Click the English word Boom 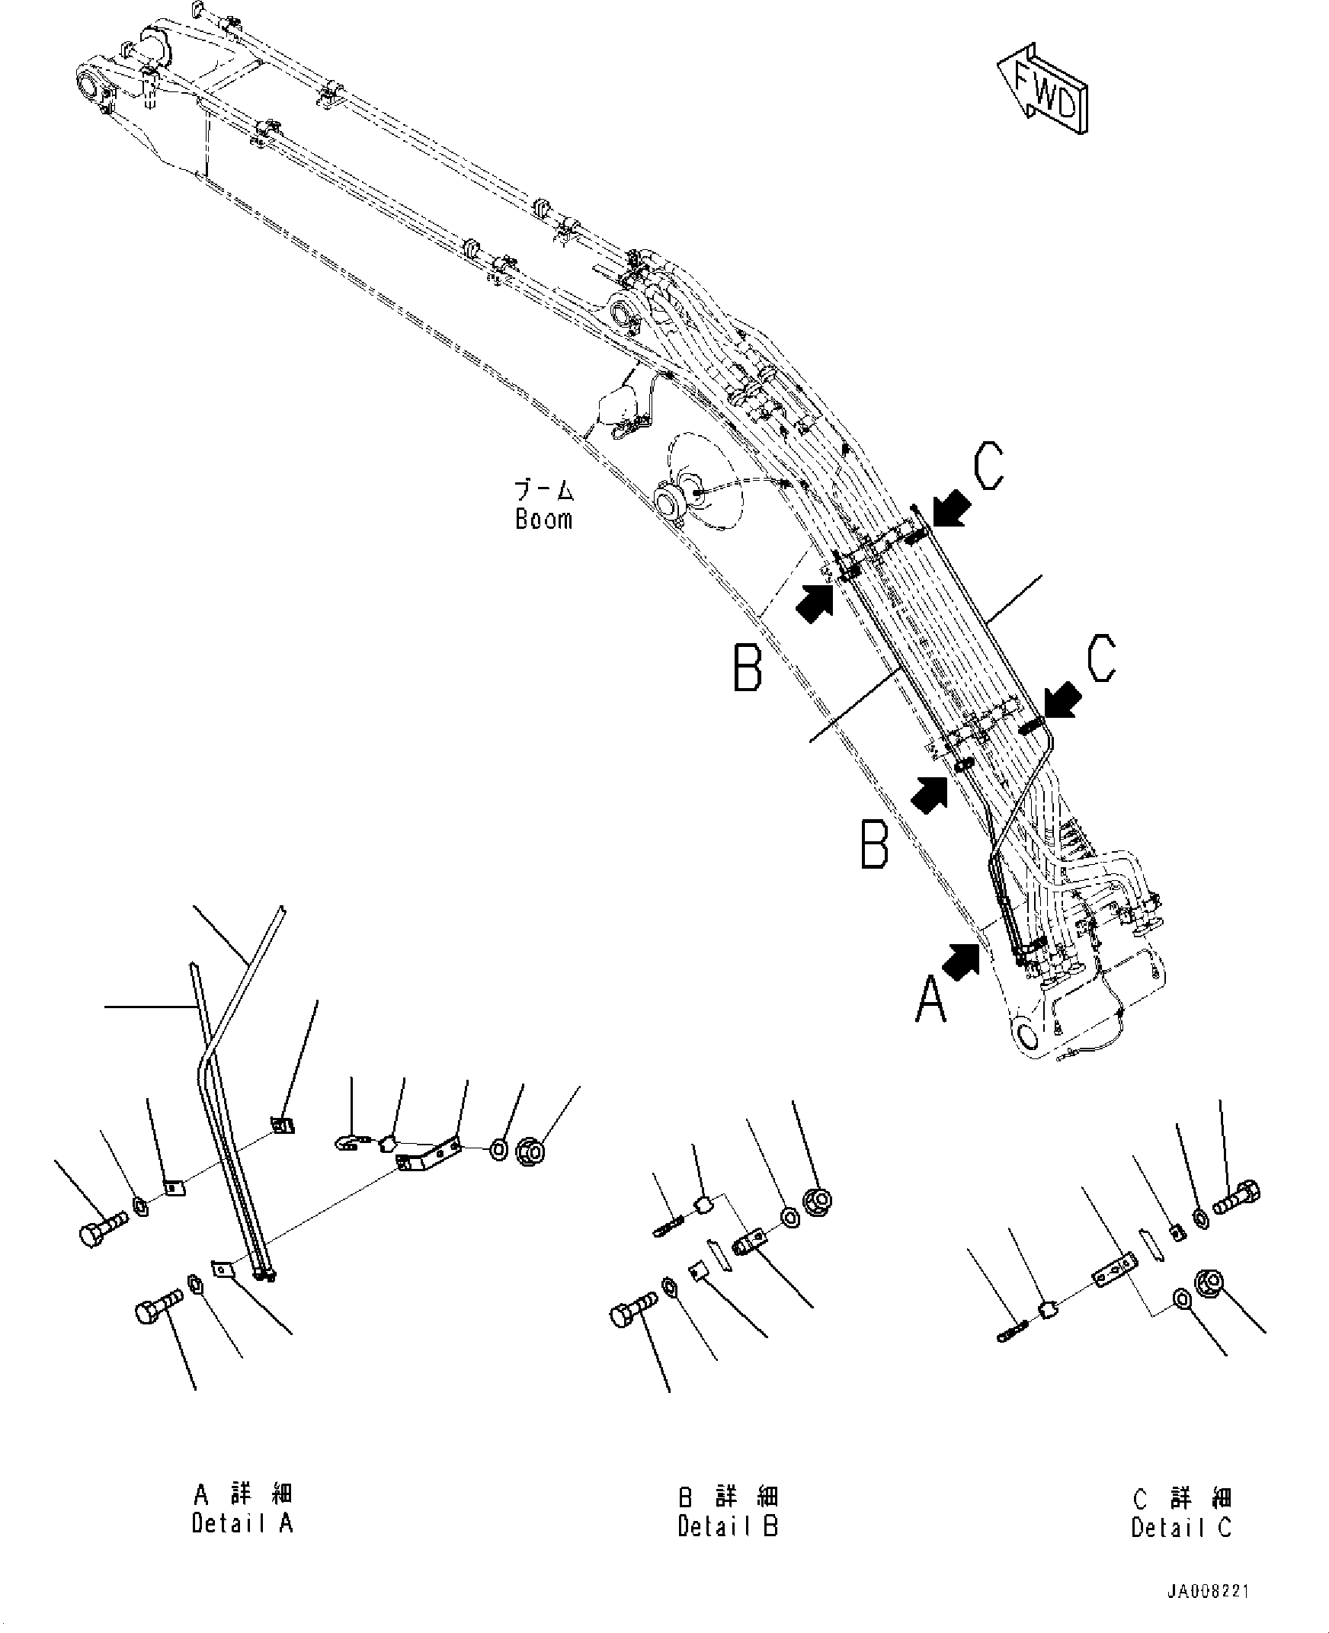(543, 520)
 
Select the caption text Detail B (727, 1526)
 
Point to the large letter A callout (932, 1002)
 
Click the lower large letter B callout (874, 843)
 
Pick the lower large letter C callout (1100, 658)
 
